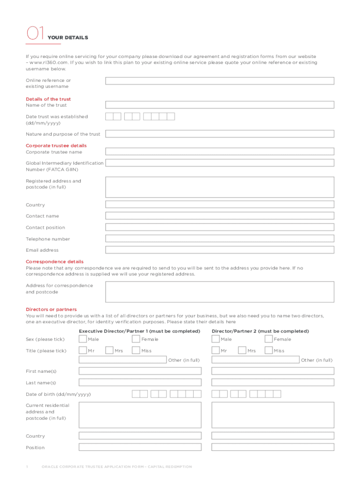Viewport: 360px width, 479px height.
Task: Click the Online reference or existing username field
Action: point(219,81)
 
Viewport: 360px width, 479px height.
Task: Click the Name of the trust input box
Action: point(219,105)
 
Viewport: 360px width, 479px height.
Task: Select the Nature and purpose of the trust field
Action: point(219,134)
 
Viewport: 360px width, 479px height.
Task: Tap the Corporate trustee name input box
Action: point(219,152)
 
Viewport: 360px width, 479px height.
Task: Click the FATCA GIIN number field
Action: point(219,163)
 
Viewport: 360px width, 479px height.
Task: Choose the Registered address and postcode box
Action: point(219,187)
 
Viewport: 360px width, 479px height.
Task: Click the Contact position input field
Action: point(219,227)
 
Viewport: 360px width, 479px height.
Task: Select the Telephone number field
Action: point(219,239)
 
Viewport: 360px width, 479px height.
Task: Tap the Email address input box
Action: point(219,250)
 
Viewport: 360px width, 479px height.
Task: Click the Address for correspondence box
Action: point(219,292)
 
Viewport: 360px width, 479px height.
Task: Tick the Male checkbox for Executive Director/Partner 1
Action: point(83,339)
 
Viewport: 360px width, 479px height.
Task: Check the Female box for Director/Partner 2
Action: point(269,339)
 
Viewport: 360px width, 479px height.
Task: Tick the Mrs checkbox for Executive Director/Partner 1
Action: point(109,350)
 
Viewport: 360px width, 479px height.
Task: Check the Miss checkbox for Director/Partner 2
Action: point(269,350)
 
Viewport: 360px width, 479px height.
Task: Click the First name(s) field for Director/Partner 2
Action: point(273,371)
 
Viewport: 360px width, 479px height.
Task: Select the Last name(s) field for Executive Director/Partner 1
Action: point(140,382)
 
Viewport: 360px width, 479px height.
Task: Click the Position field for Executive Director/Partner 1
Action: point(140,447)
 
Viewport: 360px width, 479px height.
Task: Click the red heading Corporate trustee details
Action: point(56,145)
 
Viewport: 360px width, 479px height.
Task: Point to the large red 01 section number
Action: point(35,34)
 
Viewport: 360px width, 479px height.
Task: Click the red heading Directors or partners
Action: point(51,310)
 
